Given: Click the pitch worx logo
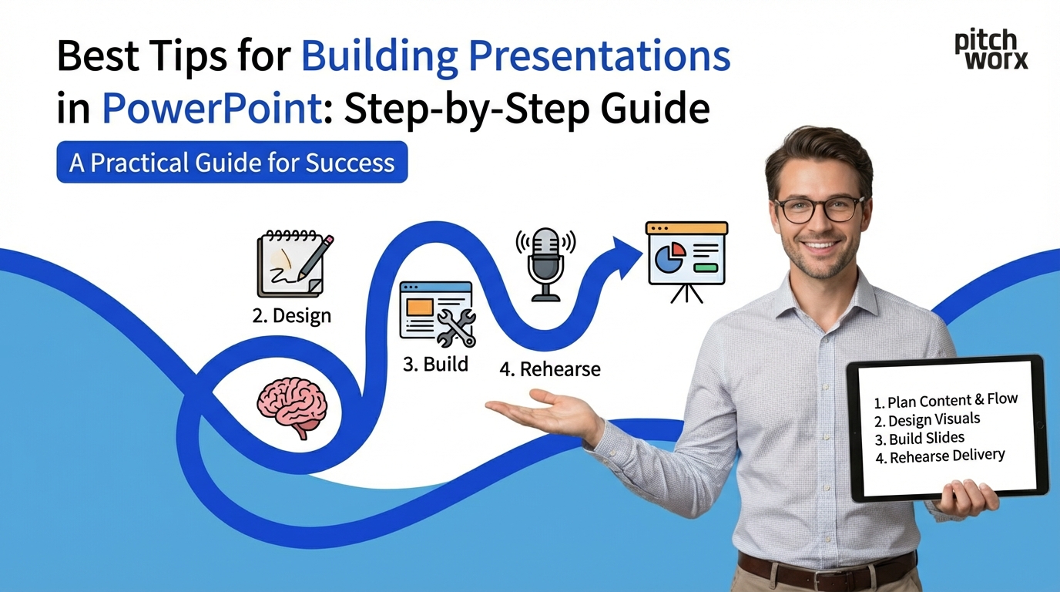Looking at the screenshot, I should click(991, 50).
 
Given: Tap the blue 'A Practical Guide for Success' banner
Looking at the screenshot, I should click(232, 163).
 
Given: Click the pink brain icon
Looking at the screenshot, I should click(292, 405).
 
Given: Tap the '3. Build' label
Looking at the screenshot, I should click(435, 364).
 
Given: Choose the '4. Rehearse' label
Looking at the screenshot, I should click(549, 369).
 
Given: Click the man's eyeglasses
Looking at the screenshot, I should click(819, 208).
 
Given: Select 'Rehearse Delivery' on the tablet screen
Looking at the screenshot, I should click(947, 456).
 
